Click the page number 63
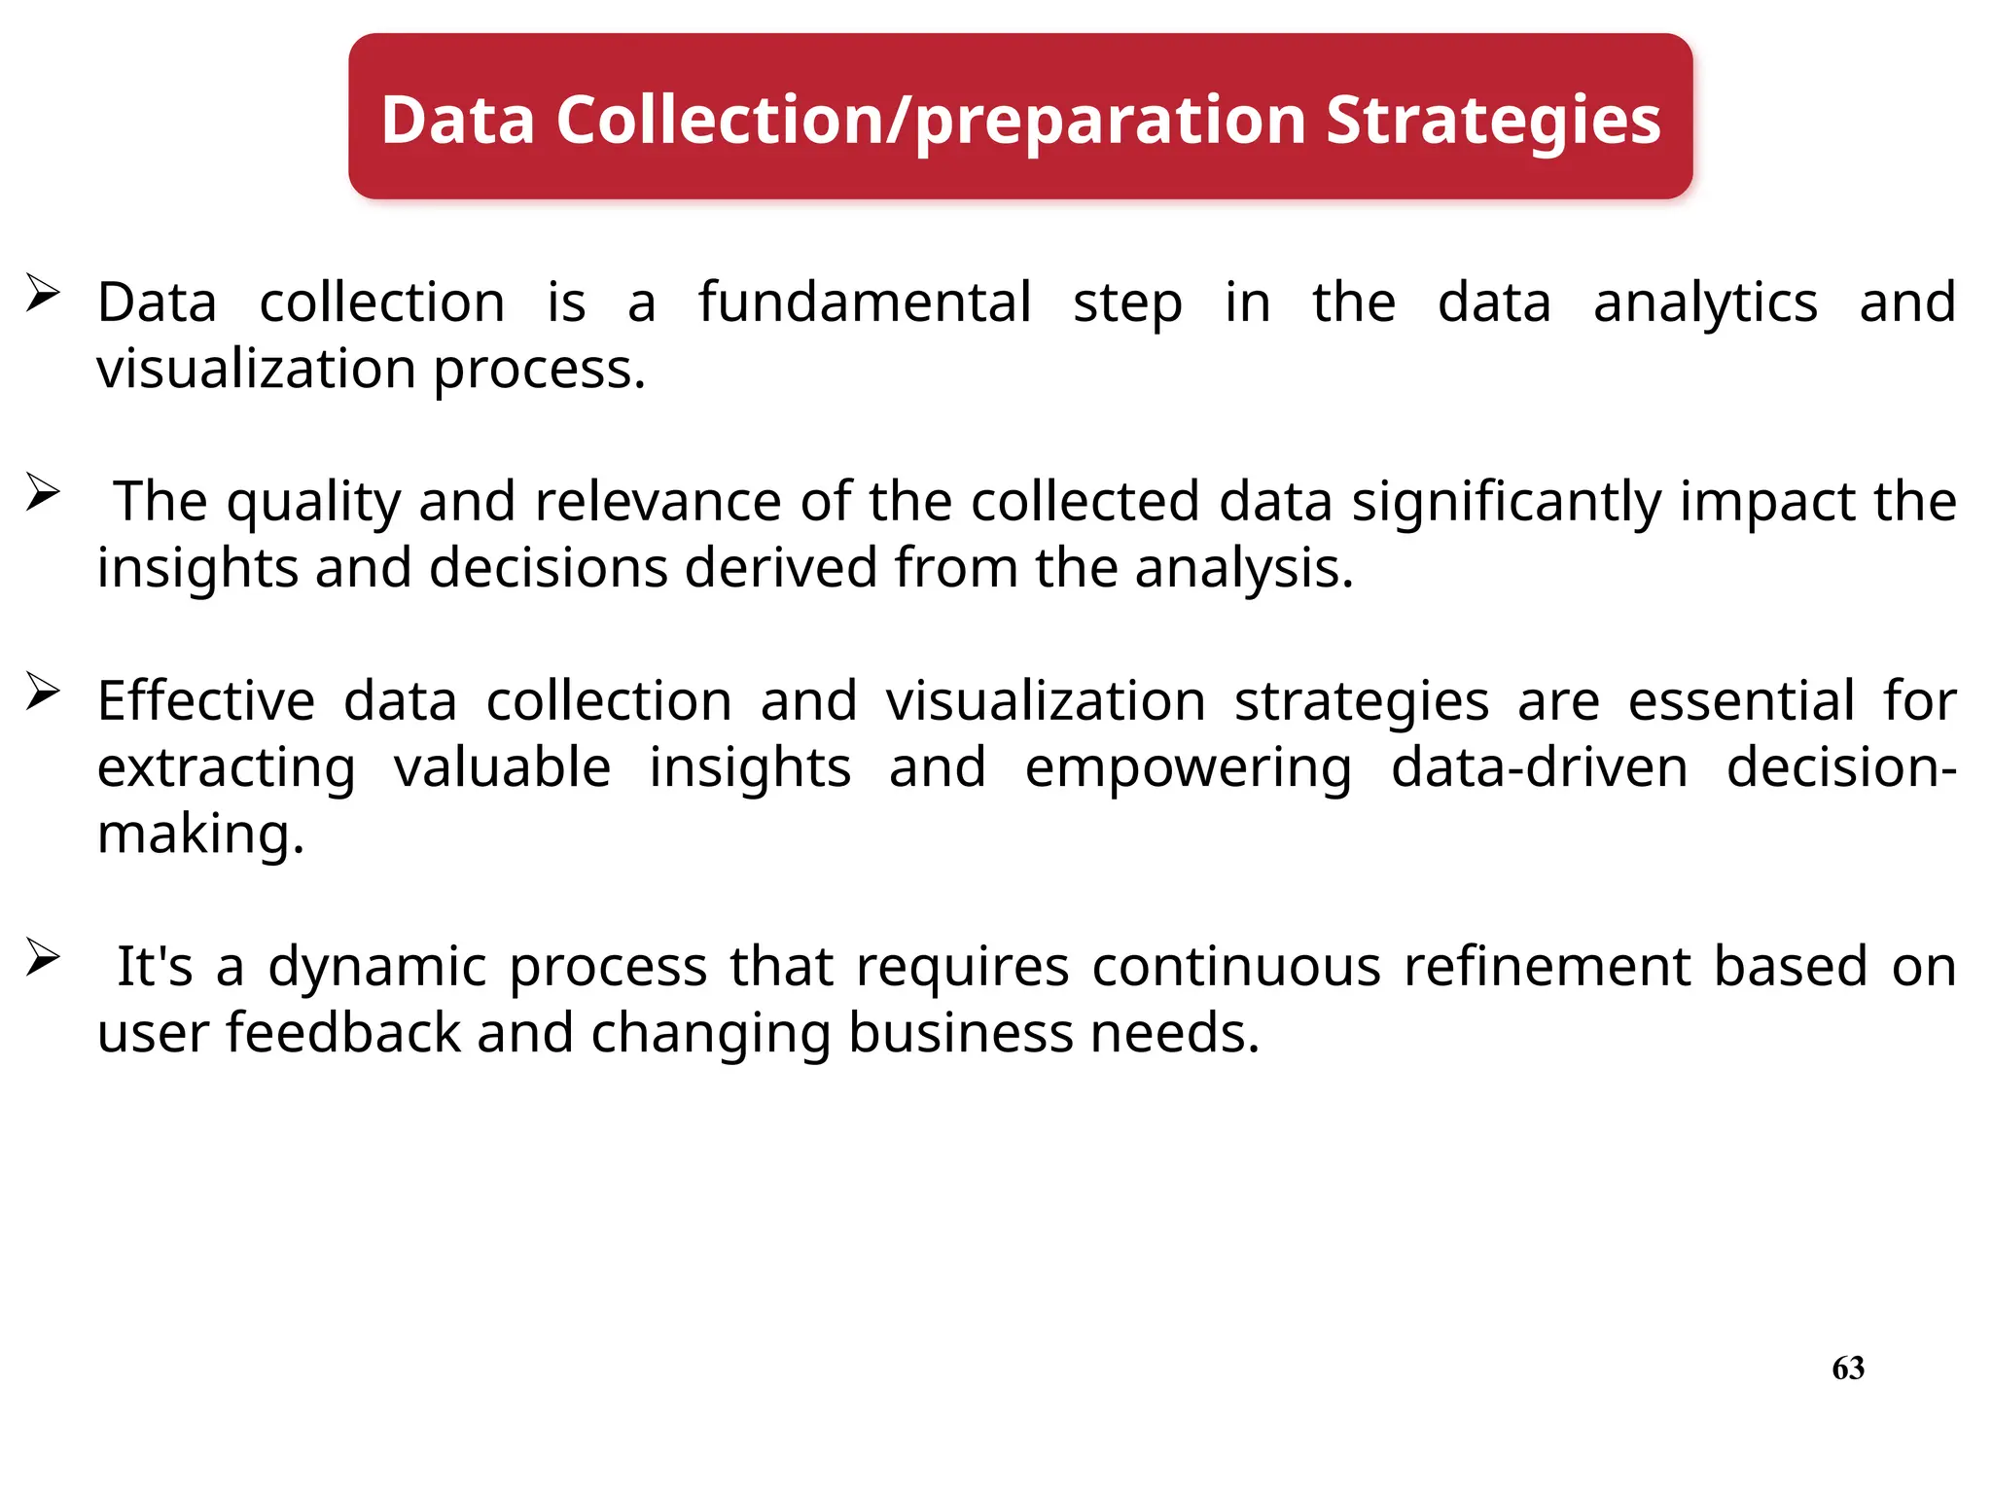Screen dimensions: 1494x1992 [1848, 1368]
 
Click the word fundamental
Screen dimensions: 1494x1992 [865, 302]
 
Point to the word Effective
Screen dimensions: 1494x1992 [206, 700]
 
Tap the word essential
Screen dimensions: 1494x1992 [1741, 700]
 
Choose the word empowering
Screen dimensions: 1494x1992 [1188, 767]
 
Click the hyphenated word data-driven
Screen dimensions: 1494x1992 [1539, 767]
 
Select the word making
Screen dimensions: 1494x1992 [200, 834]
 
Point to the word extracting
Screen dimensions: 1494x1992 [227, 767]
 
